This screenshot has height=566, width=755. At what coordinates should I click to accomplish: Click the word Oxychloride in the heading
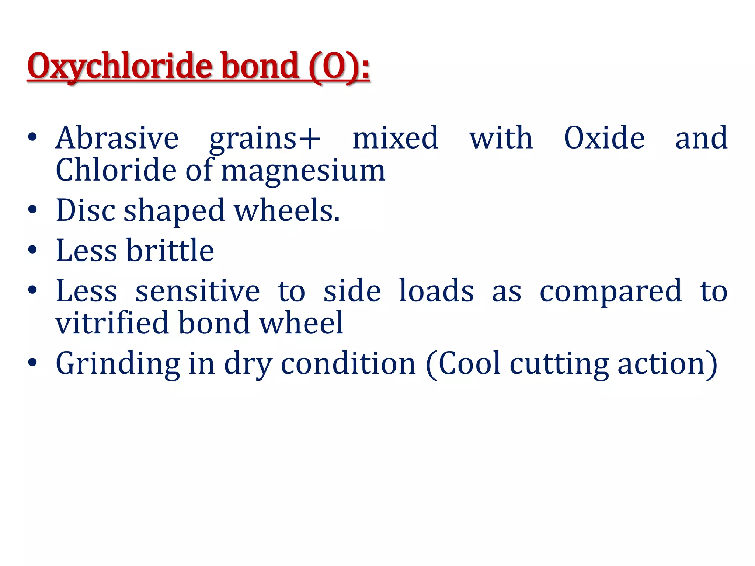pyautogui.click(x=119, y=66)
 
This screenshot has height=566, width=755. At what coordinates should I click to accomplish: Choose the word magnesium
pyautogui.click(x=303, y=171)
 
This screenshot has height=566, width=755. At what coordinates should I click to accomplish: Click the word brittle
pyautogui.click(x=170, y=250)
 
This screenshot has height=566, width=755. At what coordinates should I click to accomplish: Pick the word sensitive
pyautogui.click(x=198, y=291)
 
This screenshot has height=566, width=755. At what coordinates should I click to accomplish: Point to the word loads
pyautogui.click(x=436, y=291)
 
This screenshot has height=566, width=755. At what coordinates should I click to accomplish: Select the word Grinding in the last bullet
pyautogui.click(x=118, y=364)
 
